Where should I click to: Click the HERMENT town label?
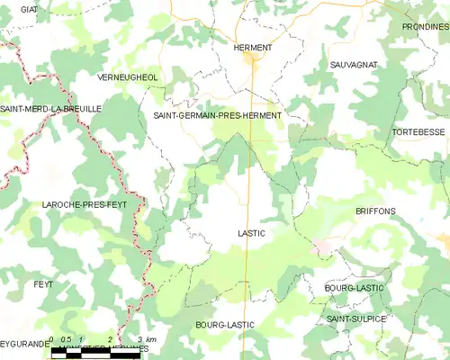pos(252,48)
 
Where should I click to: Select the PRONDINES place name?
pos(426,27)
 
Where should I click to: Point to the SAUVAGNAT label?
pos(354,66)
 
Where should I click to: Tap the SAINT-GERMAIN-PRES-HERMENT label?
pos(218,116)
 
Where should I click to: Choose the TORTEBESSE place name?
pos(419,132)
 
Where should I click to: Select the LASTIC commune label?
pos(251,233)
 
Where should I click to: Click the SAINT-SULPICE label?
pos(356,319)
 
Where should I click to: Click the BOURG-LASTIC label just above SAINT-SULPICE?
pos(354,288)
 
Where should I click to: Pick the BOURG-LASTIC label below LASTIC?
pos(224,324)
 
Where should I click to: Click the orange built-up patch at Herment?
pos(252,61)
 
